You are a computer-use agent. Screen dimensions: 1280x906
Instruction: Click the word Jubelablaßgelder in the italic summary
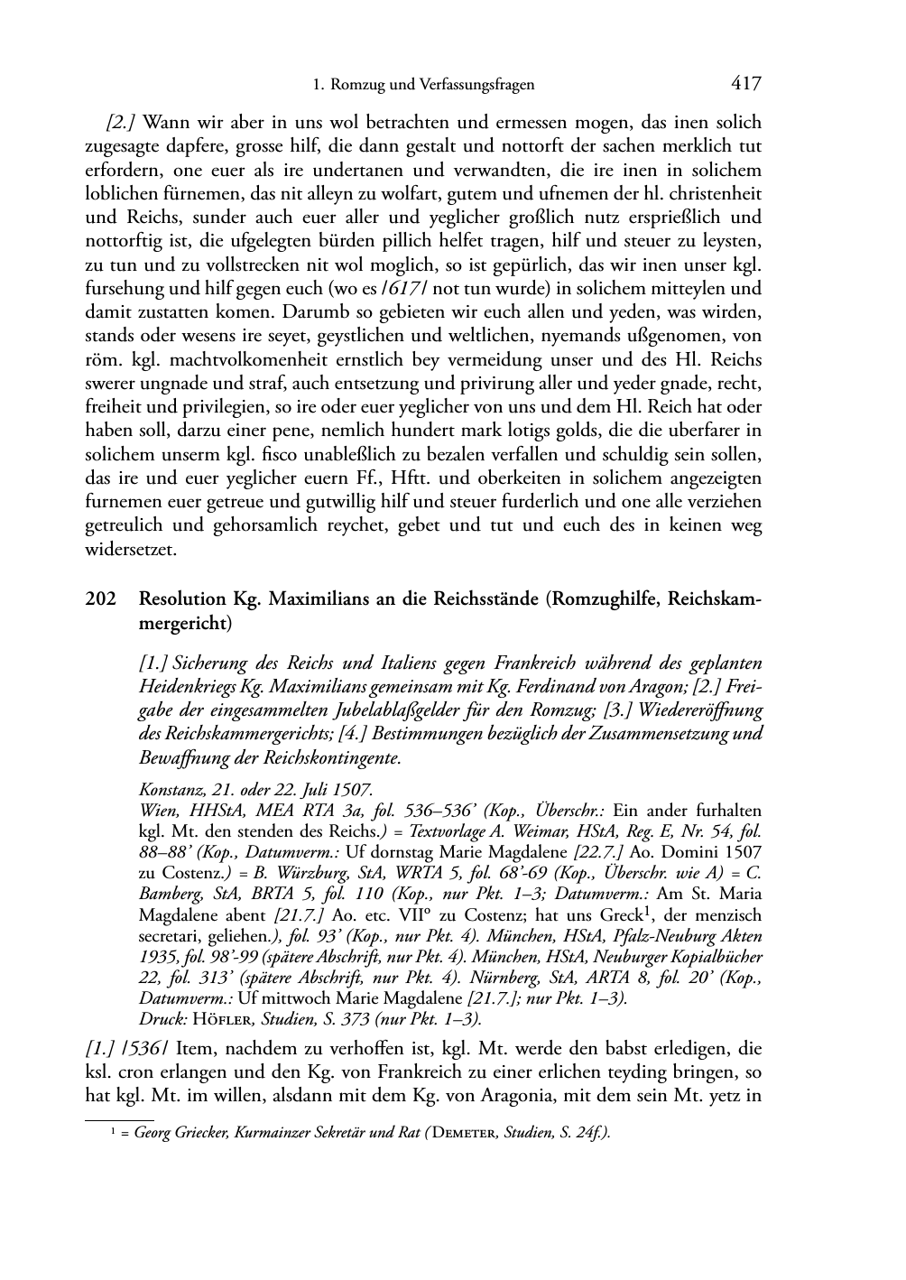pos(287,711)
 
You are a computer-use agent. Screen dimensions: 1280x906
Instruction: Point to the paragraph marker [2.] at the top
pos(121,123)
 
